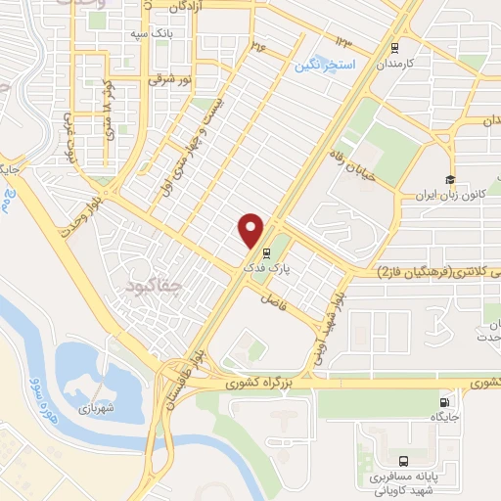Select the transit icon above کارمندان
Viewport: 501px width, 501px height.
[x=394, y=47]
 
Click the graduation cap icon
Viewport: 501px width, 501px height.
[x=449, y=179]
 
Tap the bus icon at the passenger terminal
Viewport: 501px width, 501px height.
[x=404, y=460]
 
